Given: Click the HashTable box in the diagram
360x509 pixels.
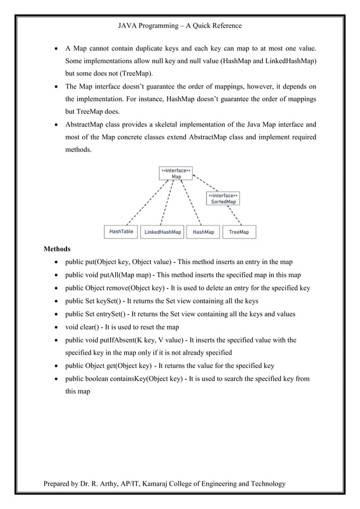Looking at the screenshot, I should pos(121,231).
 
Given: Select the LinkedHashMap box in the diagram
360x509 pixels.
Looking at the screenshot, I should pos(163,232).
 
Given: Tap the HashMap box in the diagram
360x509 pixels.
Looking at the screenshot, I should pos(203,232).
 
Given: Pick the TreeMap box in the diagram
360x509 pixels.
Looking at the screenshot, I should pos(239,232).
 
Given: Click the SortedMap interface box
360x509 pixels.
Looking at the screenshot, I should pos(223,198).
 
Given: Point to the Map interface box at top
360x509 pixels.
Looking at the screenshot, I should pos(176,173).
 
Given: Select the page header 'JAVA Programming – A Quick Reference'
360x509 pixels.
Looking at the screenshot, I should pos(179,25).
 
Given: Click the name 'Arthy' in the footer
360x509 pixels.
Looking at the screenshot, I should pos(116,484).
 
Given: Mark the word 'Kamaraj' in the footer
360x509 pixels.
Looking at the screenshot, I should pos(160,484).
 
